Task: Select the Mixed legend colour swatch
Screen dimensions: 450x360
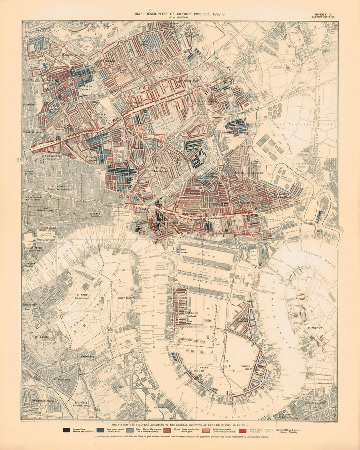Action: (x=168, y=430)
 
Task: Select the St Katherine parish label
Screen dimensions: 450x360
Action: (x=62, y=380)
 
